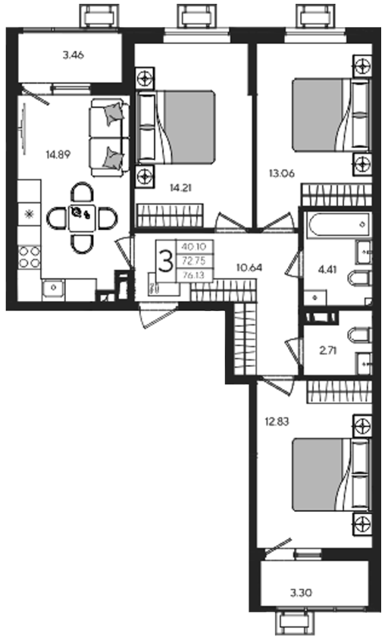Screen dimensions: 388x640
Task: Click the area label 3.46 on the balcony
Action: [74, 55]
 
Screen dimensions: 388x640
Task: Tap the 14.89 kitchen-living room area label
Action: [58, 155]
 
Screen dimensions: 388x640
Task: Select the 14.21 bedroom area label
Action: [181, 188]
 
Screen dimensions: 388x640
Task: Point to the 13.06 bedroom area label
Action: [281, 174]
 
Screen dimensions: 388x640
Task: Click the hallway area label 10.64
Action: [249, 268]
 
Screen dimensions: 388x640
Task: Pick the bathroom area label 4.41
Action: [327, 270]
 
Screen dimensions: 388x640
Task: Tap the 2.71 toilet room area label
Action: [328, 350]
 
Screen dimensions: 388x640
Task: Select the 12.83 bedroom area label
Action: [277, 421]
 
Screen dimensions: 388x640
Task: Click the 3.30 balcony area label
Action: [302, 592]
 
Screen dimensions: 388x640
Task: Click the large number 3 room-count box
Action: [165, 261]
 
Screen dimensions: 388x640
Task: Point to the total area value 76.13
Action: [194, 275]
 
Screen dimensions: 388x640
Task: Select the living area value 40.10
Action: [194, 246]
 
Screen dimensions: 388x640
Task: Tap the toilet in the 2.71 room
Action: [359, 334]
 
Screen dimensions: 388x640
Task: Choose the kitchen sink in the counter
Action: [53, 287]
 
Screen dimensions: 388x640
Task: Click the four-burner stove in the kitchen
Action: [30, 257]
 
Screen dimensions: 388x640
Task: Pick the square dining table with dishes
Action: [82, 218]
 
